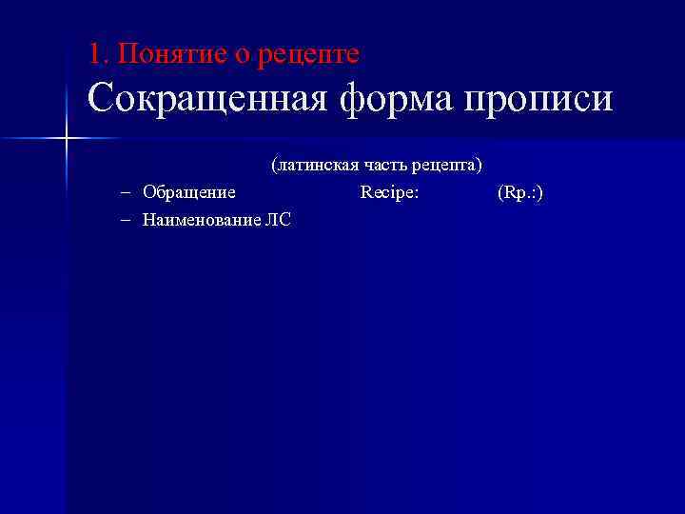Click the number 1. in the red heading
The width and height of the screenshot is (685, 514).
(98, 54)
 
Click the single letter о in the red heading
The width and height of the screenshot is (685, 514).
(243, 56)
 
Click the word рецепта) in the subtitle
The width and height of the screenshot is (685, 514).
(448, 166)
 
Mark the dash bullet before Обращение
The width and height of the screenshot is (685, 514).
(127, 192)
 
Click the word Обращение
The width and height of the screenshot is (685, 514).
(189, 193)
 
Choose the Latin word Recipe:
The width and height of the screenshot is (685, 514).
(390, 193)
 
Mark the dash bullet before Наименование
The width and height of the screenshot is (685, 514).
(127, 220)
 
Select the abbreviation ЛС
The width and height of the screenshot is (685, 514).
(280, 220)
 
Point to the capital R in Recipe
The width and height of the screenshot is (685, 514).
(366, 192)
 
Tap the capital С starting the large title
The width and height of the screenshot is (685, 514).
(100, 99)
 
